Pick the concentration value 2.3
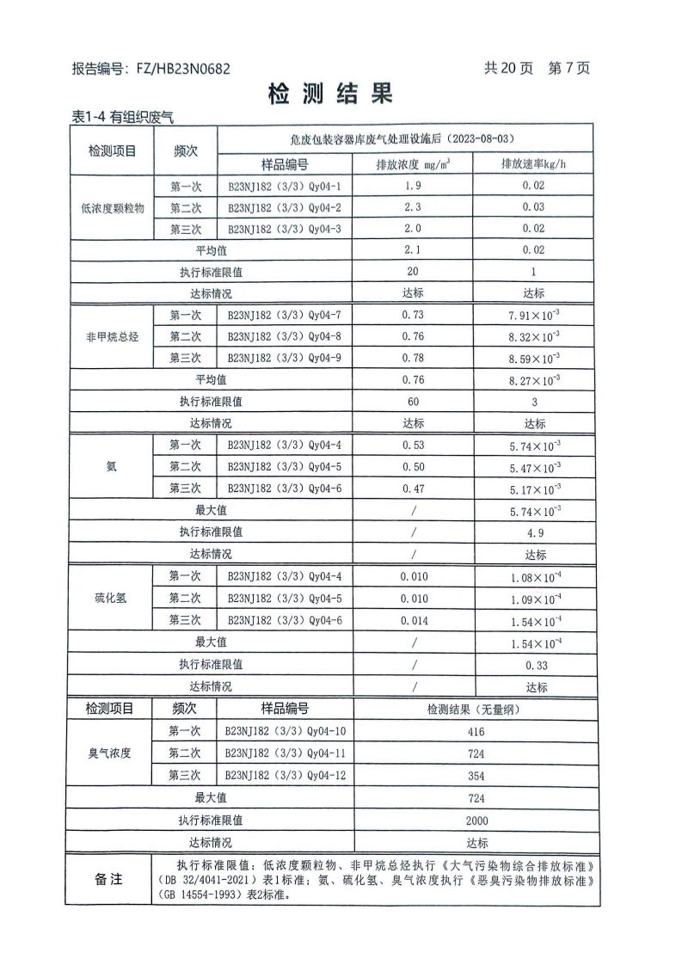coord(413,207)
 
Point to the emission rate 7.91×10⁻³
coord(534,316)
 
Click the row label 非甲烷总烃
coord(112,337)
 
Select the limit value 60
coord(413,402)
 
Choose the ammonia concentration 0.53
coord(413,446)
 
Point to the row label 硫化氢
coord(112,599)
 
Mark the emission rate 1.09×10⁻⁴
coord(534,599)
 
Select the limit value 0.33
coord(534,665)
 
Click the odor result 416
coord(476,732)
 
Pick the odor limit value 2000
coord(476,821)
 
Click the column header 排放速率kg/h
coord(534,164)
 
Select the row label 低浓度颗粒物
coord(112,207)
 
